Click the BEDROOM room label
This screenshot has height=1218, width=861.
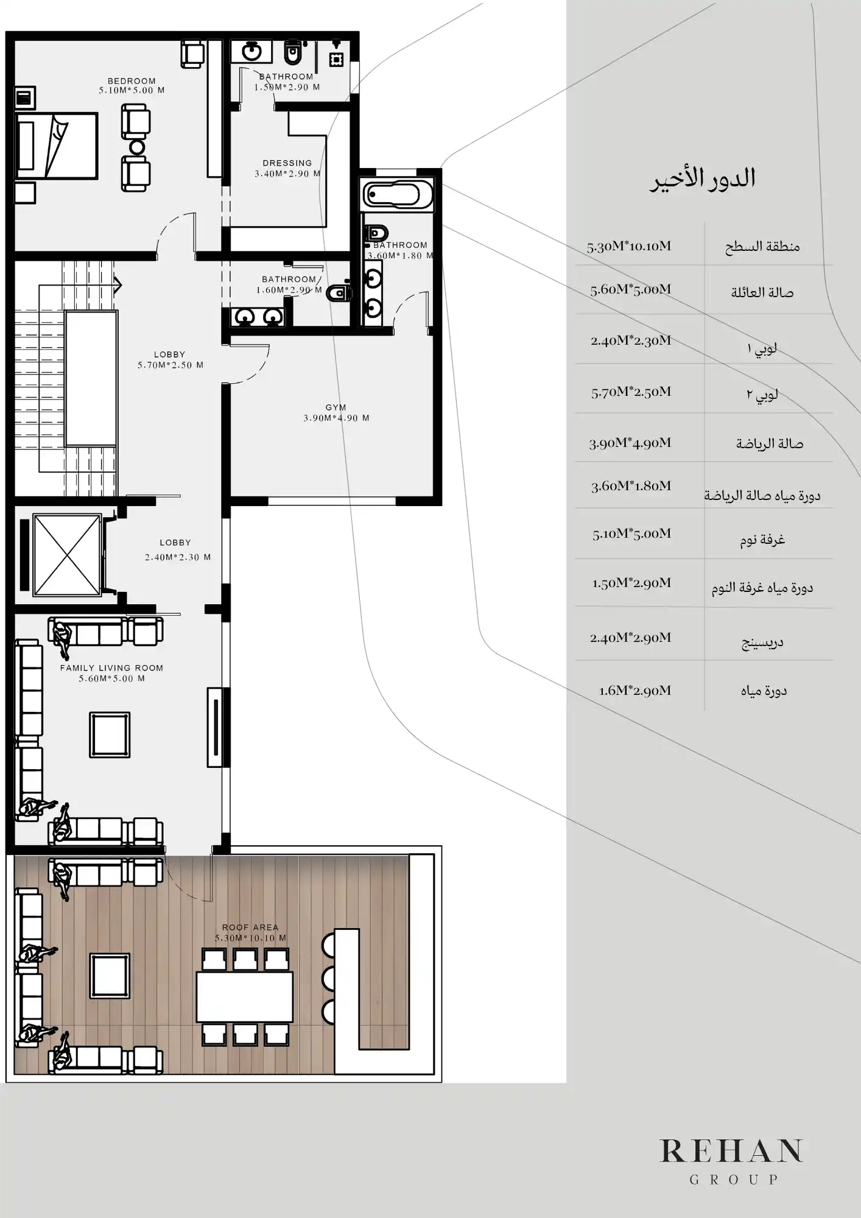132,81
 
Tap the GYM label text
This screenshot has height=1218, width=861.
336,407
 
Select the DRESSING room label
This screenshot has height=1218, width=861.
287,163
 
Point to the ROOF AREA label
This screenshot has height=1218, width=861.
250,927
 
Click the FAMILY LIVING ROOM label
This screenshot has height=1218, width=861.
111,667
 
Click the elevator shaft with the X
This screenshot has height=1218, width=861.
66,555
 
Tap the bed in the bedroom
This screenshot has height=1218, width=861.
56,146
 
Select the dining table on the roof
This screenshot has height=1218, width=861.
244,996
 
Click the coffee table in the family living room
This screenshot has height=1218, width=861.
110,734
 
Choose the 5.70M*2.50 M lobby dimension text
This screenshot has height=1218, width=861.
170,365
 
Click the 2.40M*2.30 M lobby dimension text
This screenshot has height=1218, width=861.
178,557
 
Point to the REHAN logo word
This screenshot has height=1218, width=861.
731,1150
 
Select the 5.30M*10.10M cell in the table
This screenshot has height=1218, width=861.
629,247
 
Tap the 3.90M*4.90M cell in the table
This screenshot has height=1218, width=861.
630,443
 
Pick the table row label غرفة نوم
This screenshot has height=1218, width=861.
762,540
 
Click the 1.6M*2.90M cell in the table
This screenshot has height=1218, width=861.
635,690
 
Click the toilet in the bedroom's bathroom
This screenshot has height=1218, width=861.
293,53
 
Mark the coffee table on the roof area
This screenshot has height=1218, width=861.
110,975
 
